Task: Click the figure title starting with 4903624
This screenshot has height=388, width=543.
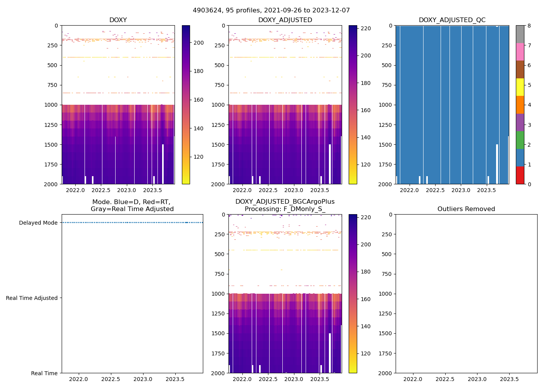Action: (271, 10)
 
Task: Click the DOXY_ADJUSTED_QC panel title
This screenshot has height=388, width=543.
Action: (452, 20)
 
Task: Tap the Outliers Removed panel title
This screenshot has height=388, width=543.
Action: (466, 209)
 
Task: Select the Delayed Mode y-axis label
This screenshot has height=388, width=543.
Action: (38, 223)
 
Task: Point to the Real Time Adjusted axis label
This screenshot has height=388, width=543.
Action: (32, 298)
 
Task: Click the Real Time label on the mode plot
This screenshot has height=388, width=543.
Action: (44, 373)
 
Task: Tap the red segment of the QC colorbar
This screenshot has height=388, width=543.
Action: (520, 175)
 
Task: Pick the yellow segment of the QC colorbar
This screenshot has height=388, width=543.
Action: (520, 87)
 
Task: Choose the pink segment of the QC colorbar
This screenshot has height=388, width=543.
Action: (520, 52)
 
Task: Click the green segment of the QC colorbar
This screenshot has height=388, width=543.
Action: (520, 140)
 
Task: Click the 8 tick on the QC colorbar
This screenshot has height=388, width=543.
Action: (529, 26)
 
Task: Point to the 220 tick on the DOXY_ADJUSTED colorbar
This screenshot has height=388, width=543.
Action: (366, 28)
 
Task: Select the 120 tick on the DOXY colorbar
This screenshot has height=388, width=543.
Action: (199, 157)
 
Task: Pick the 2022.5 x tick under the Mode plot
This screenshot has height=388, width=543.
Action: (111, 379)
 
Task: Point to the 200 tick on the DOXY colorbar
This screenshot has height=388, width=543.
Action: (199, 43)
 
